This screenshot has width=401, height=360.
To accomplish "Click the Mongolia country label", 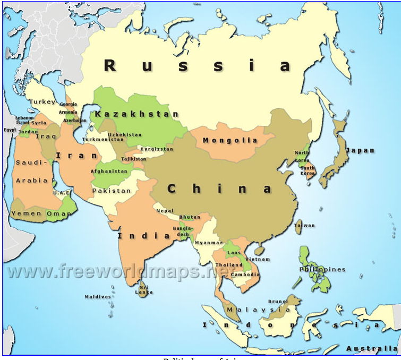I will coord(229,141).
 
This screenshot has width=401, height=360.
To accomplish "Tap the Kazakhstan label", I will coord(136,114).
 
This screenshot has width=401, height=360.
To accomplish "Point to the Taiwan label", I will coord(304,226).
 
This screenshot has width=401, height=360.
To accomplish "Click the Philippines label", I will coord(322,270).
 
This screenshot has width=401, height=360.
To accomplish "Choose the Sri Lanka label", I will coord(143,290).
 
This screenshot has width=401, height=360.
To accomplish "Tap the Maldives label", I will coord(98,297).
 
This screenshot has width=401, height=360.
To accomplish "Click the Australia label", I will coord(371,348).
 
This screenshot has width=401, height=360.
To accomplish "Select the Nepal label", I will coord(165,211).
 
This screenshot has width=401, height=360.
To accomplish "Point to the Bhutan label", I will coord(190,217).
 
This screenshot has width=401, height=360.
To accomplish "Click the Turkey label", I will coord(42,101).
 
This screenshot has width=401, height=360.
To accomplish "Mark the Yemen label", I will coord(26,213).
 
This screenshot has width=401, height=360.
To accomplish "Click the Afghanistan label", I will coord(109,172).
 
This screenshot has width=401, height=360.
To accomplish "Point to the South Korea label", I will coord(308,170).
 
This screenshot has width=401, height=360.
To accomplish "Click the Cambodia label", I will coord(245,275).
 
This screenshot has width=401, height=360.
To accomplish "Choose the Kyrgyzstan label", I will coord(157,149).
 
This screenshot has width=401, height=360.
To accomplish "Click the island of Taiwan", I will coord(298,226).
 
